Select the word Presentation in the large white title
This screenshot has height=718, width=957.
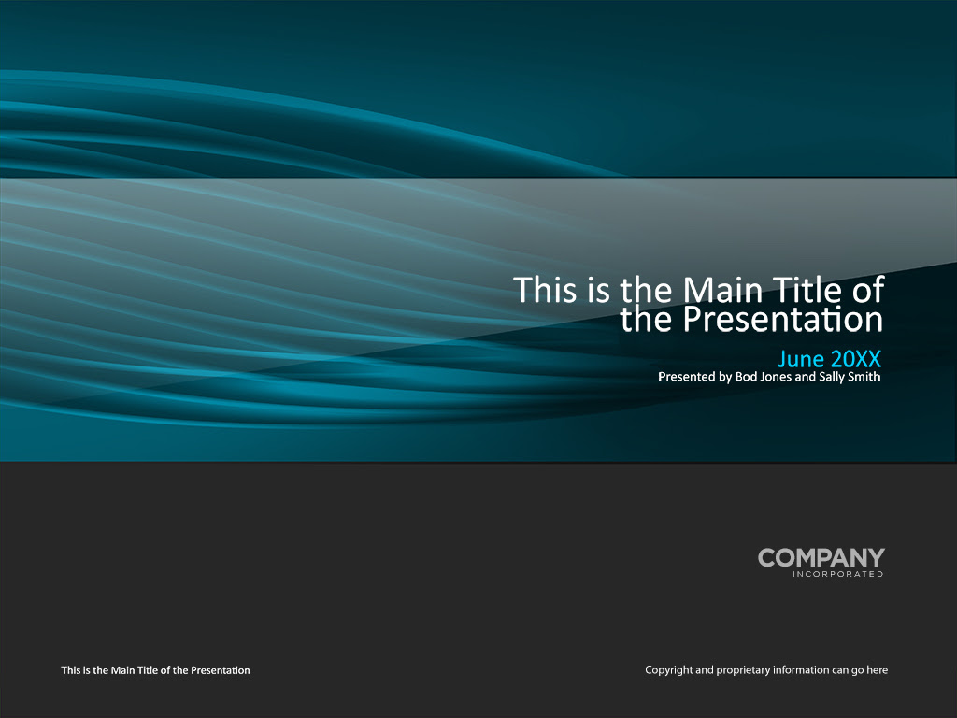(782, 320)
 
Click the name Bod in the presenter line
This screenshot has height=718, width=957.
(746, 377)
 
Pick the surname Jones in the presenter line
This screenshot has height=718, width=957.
(776, 377)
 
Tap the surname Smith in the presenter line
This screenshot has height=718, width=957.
(864, 377)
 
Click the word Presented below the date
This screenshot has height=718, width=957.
(687, 377)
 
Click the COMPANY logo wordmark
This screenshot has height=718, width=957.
(821, 557)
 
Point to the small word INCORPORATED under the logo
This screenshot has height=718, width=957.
(838, 574)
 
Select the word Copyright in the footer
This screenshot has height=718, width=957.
(669, 670)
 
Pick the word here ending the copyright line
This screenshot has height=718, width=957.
(877, 669)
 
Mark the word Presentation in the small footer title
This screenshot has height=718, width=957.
(221, 670)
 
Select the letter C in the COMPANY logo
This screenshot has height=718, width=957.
(767, 557)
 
